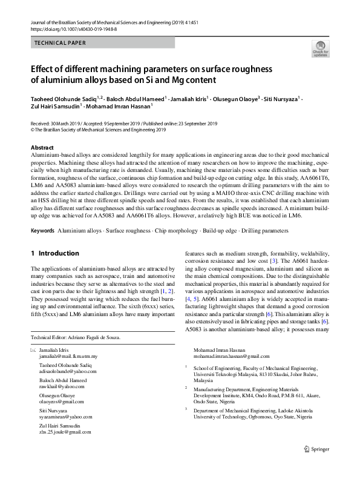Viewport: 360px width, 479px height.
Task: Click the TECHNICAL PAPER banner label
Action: pos(61,43)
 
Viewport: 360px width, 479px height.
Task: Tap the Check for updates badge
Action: pos(320,48)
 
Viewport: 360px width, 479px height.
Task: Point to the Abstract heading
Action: pos(42,148)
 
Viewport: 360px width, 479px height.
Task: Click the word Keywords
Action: pos(43,231)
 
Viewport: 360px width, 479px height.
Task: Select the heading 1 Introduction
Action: pos(54,253)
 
